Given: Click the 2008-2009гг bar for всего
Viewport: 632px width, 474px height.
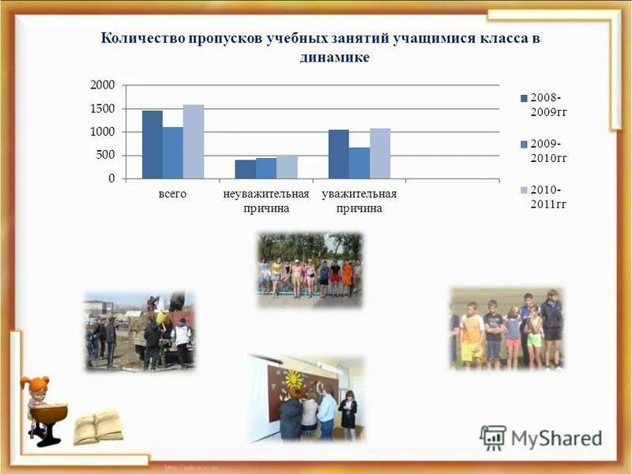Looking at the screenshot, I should (x=152, y=145).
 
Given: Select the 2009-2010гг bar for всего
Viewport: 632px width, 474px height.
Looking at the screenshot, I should (x=173, y=152).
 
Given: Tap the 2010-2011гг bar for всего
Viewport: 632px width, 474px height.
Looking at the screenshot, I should (x=194, y=141).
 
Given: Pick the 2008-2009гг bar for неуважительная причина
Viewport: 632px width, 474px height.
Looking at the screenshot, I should (x=245, y=169).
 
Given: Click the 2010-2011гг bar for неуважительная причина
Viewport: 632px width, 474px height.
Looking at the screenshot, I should (x=287, y=167).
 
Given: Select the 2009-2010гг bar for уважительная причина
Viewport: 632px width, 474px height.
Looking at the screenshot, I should (x=359, y=163).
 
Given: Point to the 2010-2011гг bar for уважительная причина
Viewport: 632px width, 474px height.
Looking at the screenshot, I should (x=380, y=153).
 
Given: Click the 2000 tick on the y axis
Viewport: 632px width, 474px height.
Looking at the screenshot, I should (x=103, y=85).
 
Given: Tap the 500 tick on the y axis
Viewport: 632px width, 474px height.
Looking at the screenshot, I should (x=106, y=156).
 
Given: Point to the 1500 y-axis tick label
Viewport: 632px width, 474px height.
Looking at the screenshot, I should (x=103, y=108).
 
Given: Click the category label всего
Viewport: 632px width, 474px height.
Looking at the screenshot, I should (x=172, y=194).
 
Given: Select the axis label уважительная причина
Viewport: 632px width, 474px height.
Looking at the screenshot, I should (x=359, y=201).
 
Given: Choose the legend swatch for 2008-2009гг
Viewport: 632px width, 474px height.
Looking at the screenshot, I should (x=523, y=98).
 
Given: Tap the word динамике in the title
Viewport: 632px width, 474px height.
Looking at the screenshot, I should (x=335, y=58).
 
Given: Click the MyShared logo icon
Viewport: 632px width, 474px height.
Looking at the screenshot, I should (x=493, y=438).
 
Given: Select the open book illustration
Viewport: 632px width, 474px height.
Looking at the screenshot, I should (x=98, y=427).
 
